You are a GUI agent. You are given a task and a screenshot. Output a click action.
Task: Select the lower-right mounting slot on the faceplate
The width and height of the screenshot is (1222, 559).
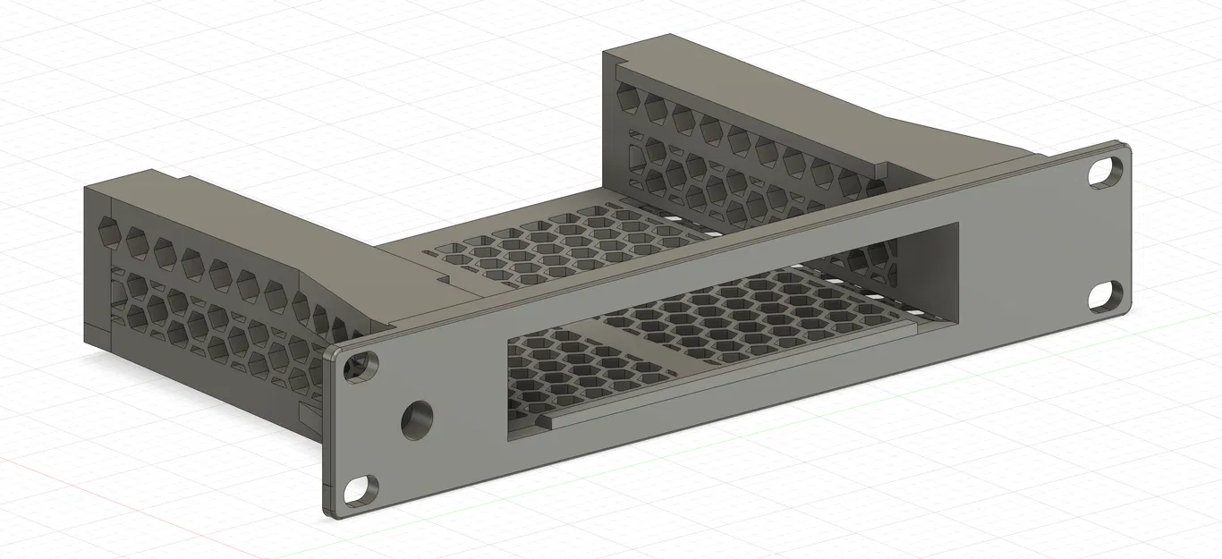coord(1102,296)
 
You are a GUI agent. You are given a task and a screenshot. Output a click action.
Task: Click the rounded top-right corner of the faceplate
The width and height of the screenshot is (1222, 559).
coord(1123,148)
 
